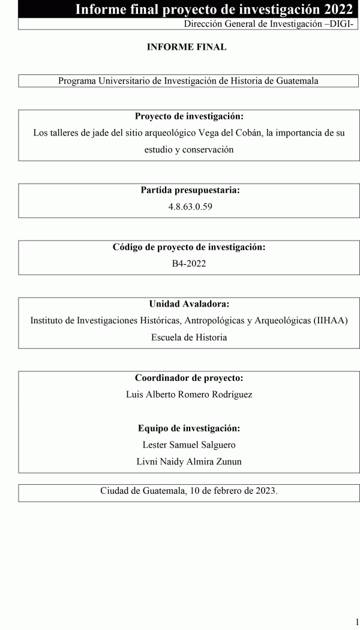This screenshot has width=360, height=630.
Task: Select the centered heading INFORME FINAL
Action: pos(187,47)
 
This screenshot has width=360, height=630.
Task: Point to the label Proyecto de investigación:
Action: pos(189,116)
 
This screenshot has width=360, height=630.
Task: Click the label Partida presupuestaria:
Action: pos(190,190)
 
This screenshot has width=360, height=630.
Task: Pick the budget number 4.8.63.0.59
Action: pos(189,207)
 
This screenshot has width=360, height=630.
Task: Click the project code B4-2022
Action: pos(189,263)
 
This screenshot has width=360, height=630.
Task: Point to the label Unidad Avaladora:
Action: pos(189,304)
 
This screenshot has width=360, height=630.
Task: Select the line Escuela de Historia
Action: pos(189,337)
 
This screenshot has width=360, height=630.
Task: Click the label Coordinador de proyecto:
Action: pos(189,378)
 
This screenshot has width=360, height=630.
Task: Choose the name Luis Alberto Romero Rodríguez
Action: pos(189,395)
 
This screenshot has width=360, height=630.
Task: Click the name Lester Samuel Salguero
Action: pos(189,445)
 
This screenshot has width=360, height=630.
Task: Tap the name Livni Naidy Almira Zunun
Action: pos(189,461)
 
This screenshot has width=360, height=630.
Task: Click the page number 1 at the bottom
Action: pos(356,622)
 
